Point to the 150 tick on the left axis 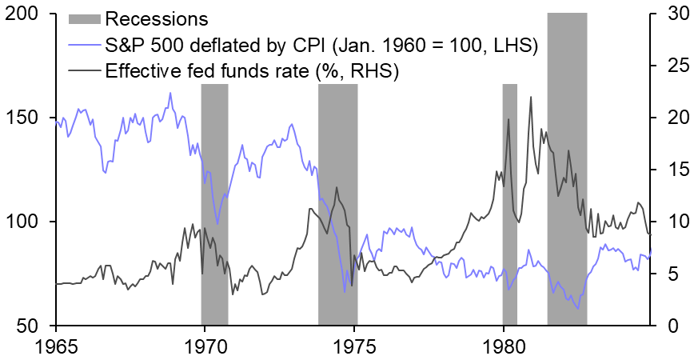(26, 118)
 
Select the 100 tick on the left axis (26, 222)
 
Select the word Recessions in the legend (157, 18)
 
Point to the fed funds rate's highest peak (531, 97)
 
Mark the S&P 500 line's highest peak (170, 93)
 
